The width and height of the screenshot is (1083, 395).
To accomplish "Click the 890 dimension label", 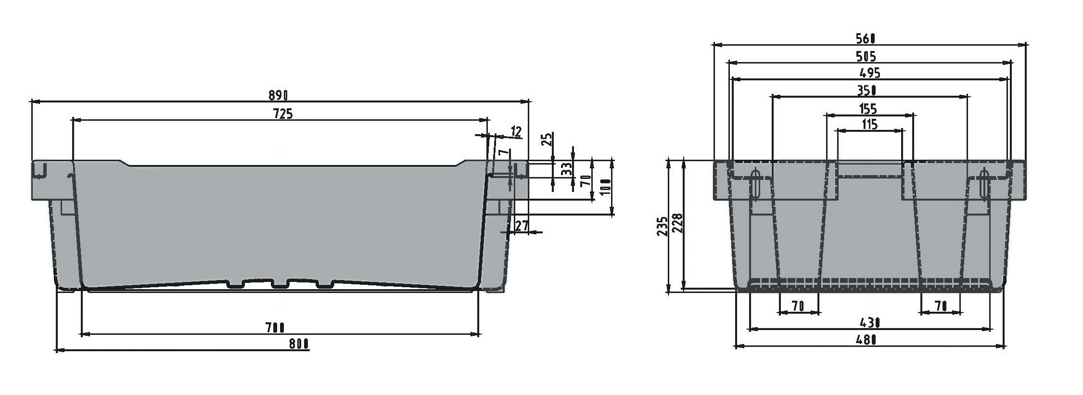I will [278, 95].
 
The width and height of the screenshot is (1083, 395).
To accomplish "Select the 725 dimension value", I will [283, 114].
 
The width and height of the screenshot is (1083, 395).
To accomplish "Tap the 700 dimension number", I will [275, 328].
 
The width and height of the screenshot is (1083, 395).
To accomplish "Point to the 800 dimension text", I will [298, 344].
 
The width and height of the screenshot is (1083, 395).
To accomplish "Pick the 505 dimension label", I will [866, 56].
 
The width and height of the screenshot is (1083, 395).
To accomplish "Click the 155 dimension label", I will [867, 109].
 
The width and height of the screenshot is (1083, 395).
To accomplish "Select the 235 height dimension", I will [662, 226].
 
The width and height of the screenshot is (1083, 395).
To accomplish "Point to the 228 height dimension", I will [676, 224].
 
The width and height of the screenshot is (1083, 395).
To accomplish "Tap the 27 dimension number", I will [522, 226].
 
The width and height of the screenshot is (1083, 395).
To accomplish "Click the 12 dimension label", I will [516, 131].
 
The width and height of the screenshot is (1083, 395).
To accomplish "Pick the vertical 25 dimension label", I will [547, 140].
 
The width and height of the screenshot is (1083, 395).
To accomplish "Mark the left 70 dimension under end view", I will [798, 306].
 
